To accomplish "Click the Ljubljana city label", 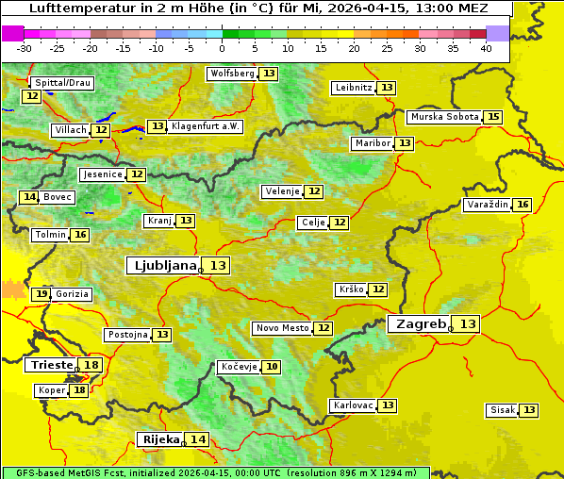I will [x=162, y=266].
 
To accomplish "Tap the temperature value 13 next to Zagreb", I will [x=468, y=324].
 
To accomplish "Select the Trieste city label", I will [x=52, y=365].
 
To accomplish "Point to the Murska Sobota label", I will [x=443, y=117].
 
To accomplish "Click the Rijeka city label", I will [x=160, y=439].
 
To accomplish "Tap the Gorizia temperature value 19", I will [x=41, y=294].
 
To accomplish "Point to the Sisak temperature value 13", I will [x=529, y=410].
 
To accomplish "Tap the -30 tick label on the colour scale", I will [x=25, y=48].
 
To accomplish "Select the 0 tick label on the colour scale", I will [x=222, y=48].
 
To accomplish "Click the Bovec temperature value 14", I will [x=30, y=197].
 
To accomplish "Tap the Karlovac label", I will [x=352, y=405].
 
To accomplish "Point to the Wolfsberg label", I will [x=231, y=74].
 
